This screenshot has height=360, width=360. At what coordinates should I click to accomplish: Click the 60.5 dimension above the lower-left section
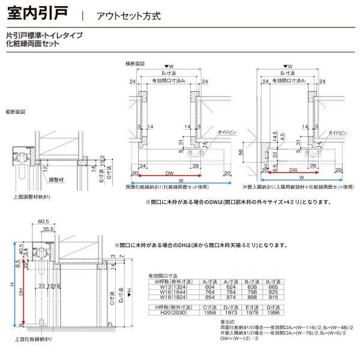43,221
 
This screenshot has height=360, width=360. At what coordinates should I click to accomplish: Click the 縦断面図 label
16,112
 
